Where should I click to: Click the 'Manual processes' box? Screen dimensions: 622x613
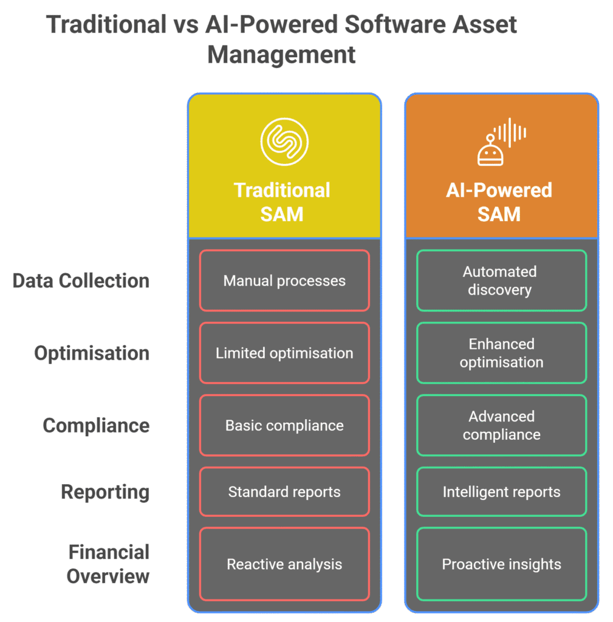click(284, 281)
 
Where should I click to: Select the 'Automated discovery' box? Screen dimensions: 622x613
click(501, 281)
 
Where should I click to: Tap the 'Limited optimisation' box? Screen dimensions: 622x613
click(284, 353)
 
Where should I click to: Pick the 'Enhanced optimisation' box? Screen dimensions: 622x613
click(501, 353)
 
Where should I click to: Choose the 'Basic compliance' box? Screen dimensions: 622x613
click(284, 425)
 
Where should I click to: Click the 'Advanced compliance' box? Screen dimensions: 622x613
click(501, 425)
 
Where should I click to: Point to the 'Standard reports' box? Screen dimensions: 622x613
click(284, 491)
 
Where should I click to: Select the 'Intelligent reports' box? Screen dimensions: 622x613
click(501, 491)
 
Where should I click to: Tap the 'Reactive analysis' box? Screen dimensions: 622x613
click(284, 564)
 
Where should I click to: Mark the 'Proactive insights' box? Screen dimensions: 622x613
click(501, 564)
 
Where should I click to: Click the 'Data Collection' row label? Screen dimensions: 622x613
click(81, 281)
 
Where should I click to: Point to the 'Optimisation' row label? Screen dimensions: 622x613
click(92, 353)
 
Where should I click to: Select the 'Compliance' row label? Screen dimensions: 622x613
click(96, 425)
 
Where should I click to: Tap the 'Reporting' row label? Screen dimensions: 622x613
click(105, 491)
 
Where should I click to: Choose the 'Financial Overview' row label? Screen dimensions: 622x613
click(108, 564)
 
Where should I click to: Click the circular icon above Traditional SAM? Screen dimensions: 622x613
click(284, 141)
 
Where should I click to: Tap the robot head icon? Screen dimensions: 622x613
click(491, 151)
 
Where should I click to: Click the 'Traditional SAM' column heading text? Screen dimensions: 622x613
click(283, 202)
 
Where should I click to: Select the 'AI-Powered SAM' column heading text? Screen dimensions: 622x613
click(499, 202)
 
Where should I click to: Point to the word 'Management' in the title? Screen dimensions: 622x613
click(281, 55)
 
